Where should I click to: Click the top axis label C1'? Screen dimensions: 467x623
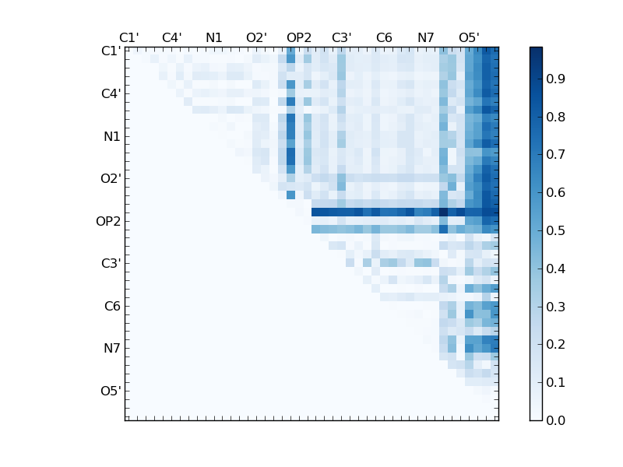click(x=128, y=37)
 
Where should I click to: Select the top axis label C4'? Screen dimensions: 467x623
click(x=171, y=37)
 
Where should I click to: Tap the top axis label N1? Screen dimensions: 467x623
click(x=214, y=37)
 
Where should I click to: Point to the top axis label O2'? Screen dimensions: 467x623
click(x=256, y=37)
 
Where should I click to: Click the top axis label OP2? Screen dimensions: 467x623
click(x=299, y=37)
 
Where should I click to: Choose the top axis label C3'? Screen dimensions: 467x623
click(x=341, y=37)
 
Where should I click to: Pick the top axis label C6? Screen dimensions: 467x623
click(x=384, y=37)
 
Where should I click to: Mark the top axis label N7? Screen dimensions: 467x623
click(x=426, y=37)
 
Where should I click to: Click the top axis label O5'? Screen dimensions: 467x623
click(x=469, y=37)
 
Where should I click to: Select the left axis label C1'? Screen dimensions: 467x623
click(x=111, y=51)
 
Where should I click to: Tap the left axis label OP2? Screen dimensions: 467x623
click(x=108, y=221)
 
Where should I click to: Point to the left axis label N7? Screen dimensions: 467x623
click(x=112, y=349)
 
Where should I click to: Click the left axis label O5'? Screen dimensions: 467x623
click(x=111, y=391)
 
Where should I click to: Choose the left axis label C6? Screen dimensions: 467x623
click(x=112, y=306)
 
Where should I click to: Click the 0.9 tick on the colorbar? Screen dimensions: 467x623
click(x=555, y=79)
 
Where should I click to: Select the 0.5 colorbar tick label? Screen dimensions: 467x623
click(x=555, y=231)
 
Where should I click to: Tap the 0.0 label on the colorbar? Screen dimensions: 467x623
click(x=555, y=420)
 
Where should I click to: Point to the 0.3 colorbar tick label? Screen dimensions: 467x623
click(x=555, y=307)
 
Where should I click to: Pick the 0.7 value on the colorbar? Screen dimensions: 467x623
click(x=555, y=155)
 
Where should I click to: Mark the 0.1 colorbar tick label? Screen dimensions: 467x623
click(x=555, y=382)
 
